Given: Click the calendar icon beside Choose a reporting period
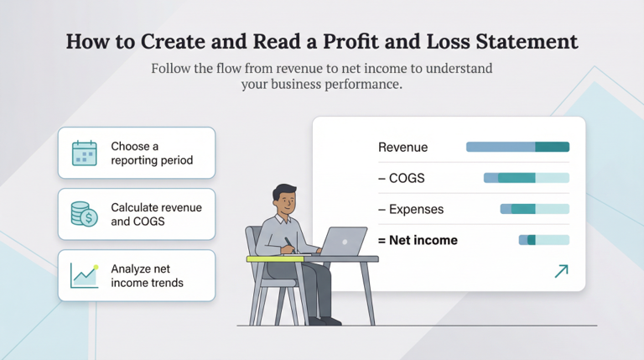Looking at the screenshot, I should click(85, 153).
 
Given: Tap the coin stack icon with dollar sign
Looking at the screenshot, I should click(85, 214).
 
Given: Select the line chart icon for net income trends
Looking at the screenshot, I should click(85, 275).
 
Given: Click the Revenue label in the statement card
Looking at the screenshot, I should click(402, 148).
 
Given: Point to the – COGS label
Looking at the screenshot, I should click(402, 178).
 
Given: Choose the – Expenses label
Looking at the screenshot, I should click(411, 209).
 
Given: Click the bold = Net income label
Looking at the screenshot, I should click(418, 240).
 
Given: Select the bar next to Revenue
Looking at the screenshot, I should click(517, 147).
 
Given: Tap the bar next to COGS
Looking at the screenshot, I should click(526, 178).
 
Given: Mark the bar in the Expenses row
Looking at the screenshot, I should click(534, 209).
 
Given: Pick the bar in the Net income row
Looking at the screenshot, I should click(543, 240).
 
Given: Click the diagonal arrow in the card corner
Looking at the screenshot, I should click(561, 270).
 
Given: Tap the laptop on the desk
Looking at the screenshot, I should click(344, 242).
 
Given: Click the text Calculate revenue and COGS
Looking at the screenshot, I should click(156, 214).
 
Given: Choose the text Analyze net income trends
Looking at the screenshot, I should click(148, 275).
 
